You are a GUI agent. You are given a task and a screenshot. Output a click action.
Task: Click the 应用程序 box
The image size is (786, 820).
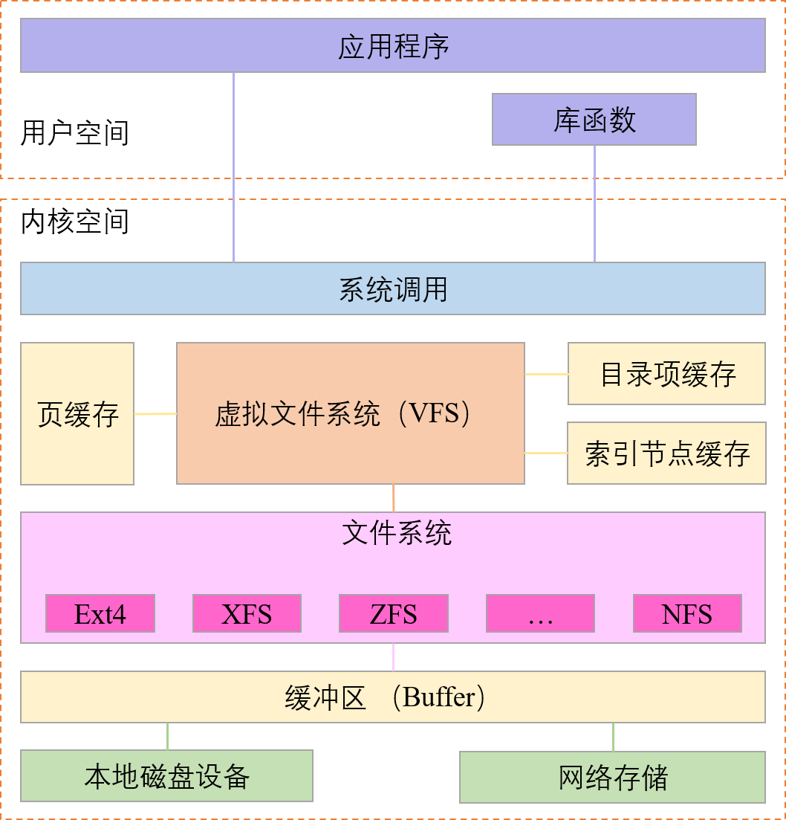click(x=392, y=45)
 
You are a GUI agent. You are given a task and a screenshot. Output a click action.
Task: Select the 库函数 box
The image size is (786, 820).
click(x=594, y=119)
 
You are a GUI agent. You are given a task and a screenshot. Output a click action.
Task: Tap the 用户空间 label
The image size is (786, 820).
click(x=75, y=133)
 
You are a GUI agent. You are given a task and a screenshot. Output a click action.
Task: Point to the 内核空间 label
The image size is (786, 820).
click(x=75, y=222)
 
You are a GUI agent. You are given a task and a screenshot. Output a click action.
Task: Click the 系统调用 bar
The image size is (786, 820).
click(x=392, y=288)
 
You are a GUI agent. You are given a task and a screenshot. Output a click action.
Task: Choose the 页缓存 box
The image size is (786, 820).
click(x=77, y=413)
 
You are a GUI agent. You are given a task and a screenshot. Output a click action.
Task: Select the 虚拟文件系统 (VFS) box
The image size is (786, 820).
click(x=351, y=413)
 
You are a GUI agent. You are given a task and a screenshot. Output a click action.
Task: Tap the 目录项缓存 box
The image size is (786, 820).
click(x=666, y=374)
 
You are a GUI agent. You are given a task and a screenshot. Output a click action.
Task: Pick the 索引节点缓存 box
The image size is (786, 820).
click(x=666, y=453)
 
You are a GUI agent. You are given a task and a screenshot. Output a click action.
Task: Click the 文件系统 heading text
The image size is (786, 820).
click(x=397, y=533)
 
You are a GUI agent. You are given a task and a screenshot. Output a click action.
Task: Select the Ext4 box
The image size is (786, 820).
click(x=100, y=614)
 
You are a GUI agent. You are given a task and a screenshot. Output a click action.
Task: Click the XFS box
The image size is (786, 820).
click(x=247, y=614)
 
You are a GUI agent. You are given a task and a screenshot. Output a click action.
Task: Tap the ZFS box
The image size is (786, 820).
click(x=393, y=614)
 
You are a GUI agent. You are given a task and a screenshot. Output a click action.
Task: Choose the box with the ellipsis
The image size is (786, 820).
click(x=540, y=614)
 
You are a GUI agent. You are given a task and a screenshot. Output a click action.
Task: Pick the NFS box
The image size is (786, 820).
click(x=687, y=614)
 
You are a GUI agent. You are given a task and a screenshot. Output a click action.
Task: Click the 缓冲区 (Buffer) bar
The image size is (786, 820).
click(x=392, y=697)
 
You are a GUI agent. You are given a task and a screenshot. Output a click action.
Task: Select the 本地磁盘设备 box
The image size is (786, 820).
click(x=166, y=776)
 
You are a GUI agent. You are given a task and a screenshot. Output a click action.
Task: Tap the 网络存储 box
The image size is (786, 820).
click(x=612, y=778)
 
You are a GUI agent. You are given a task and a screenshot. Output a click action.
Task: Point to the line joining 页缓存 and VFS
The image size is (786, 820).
click(x=155, y=413)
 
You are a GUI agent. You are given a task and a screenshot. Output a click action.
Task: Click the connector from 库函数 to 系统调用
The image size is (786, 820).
click(x=594, y=204)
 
